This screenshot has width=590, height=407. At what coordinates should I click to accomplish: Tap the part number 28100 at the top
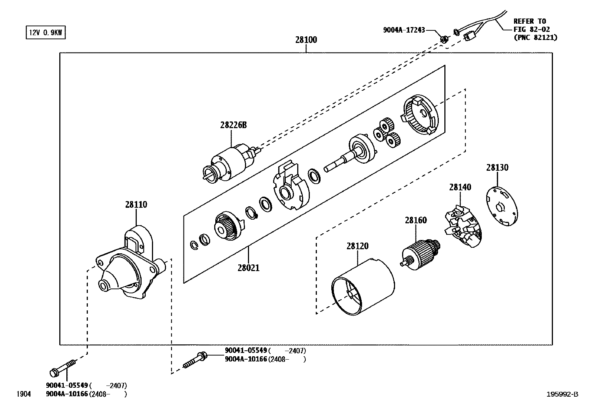[306, 40]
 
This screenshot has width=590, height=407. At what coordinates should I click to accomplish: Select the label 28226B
[233, 125]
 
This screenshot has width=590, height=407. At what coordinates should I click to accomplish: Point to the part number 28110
[136, 204]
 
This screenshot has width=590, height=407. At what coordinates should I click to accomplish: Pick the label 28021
[248, 267]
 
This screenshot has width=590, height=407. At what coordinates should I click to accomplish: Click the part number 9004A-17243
[404, 30]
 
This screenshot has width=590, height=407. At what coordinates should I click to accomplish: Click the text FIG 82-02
[531, 29]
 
